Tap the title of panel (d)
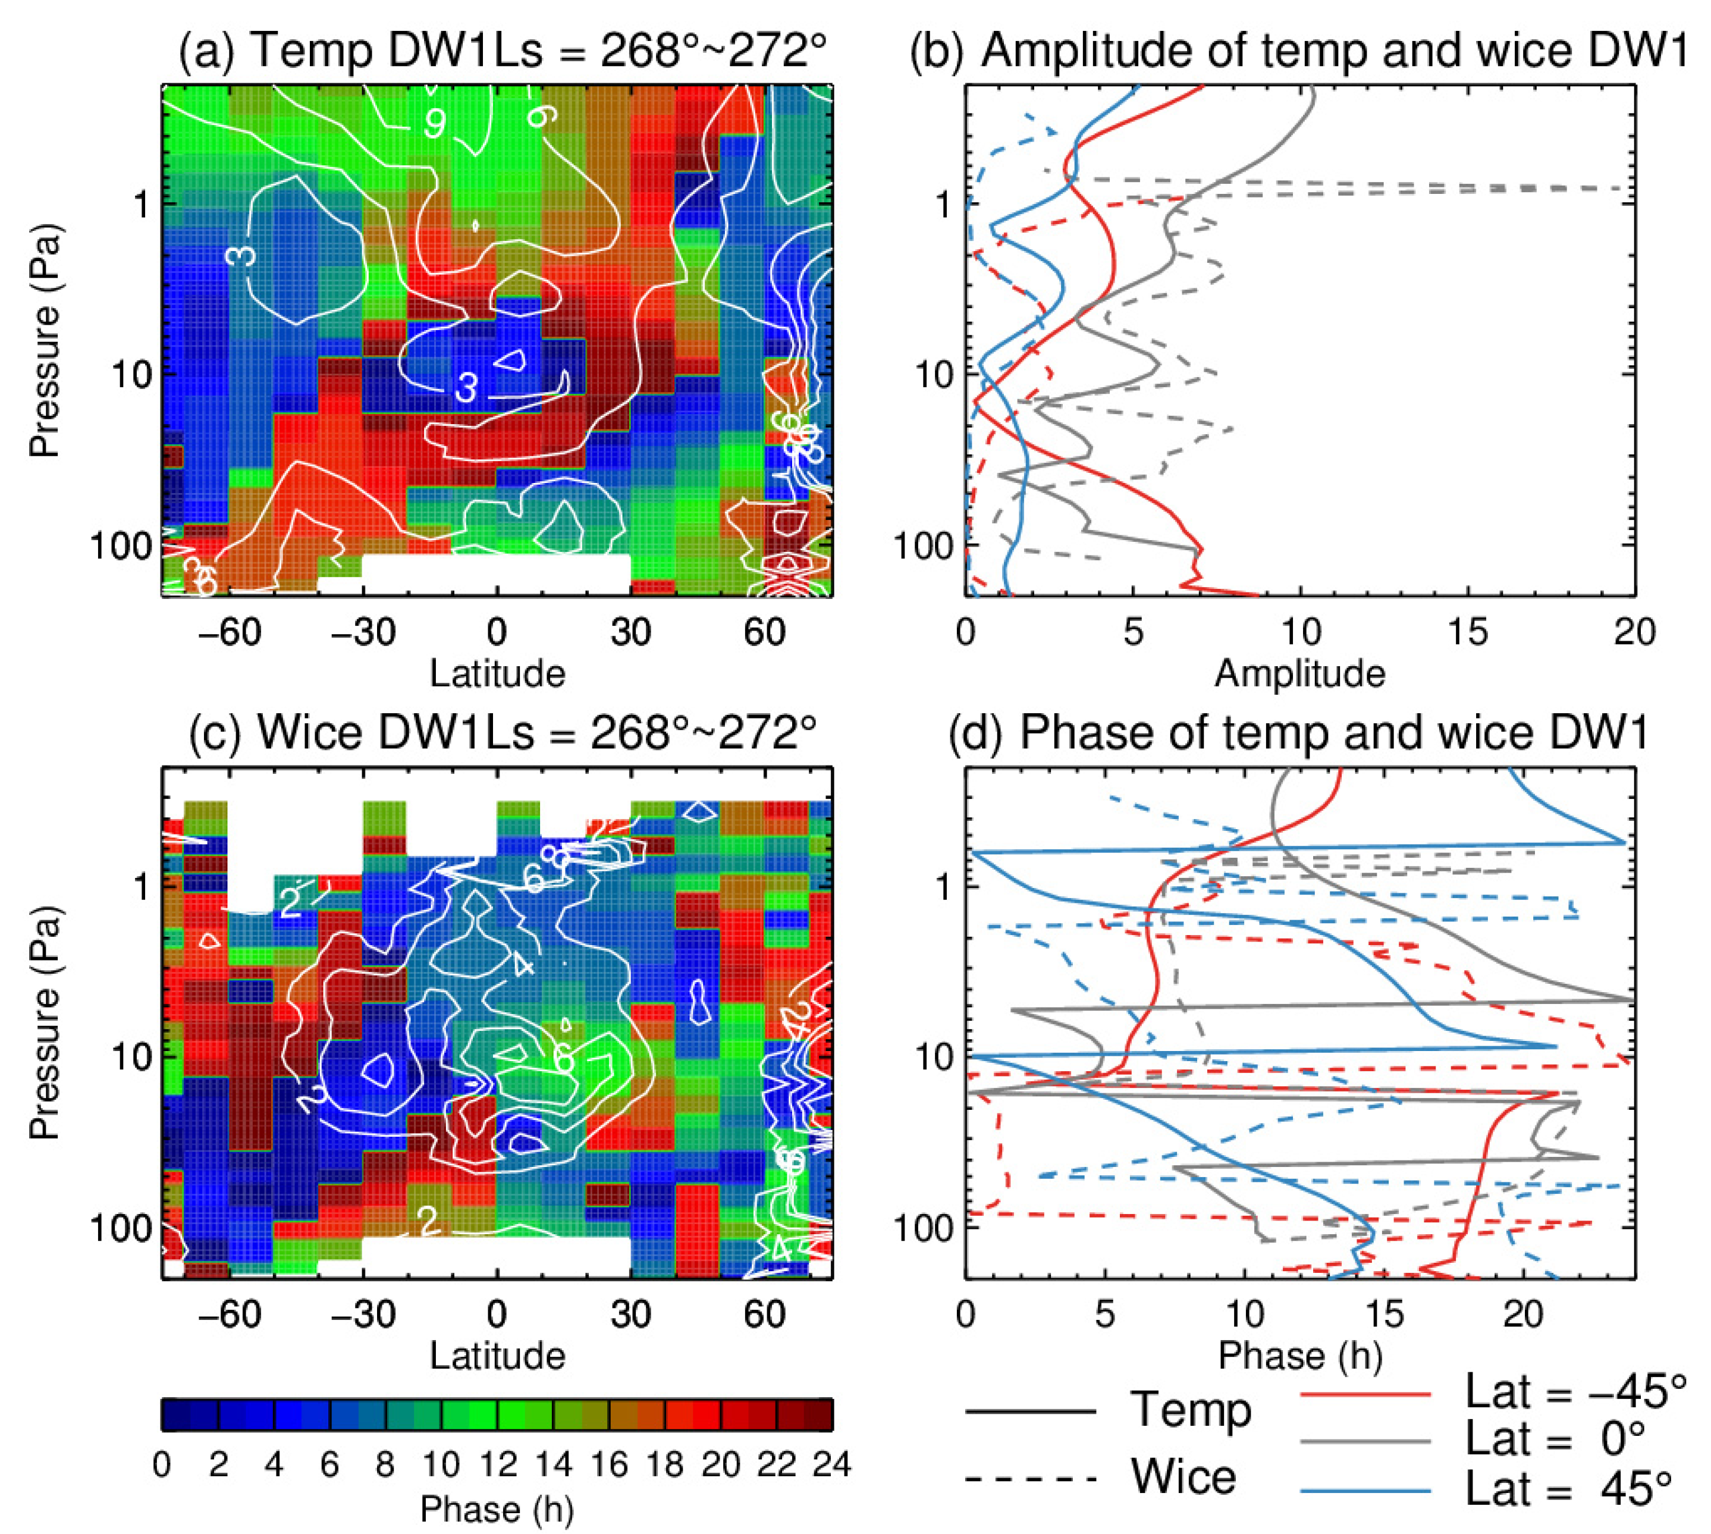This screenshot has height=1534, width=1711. coord(1298,732)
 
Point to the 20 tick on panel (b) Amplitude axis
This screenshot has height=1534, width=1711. coord(1634,632)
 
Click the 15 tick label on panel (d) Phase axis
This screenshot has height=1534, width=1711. coord(1384,1314)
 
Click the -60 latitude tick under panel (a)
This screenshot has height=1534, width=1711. coord(229,632)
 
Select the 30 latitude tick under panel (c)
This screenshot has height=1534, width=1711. coord(630,1314)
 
